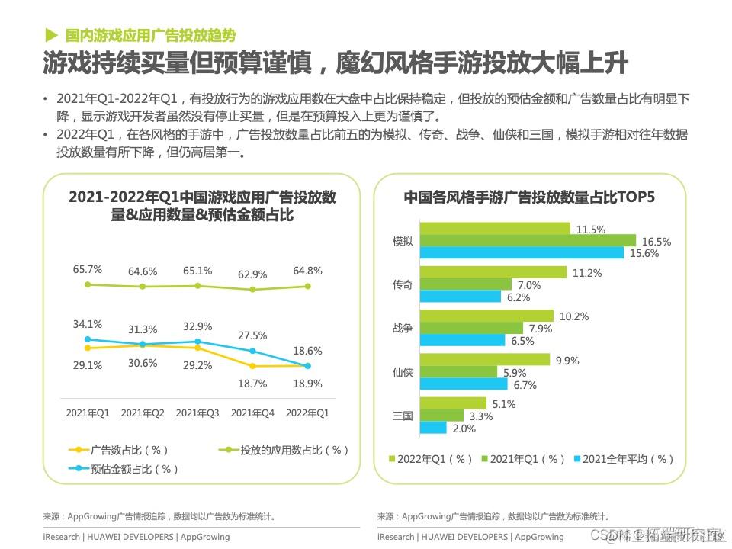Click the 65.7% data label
88,269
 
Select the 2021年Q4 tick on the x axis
252,413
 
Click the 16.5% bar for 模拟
528,241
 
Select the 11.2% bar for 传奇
493,272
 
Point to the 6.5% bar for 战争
463,341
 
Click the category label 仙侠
403,372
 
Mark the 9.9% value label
567,360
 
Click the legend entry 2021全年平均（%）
628,459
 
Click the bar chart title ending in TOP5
528,197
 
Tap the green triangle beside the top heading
51,35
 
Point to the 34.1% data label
88,325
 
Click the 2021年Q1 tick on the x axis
88,413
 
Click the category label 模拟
403,241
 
